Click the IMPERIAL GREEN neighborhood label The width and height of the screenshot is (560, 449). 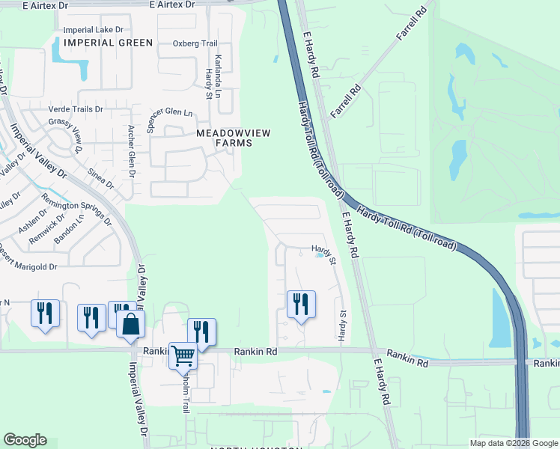(108, 43)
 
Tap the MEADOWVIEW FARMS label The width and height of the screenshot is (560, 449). (233, 138)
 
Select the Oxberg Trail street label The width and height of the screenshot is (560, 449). (194, 43)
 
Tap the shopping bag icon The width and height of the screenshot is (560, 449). (131, 324)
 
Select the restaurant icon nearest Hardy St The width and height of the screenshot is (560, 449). (301, 304)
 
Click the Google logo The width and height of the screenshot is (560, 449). (25, 440)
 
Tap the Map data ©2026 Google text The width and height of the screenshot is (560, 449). (514, 443)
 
